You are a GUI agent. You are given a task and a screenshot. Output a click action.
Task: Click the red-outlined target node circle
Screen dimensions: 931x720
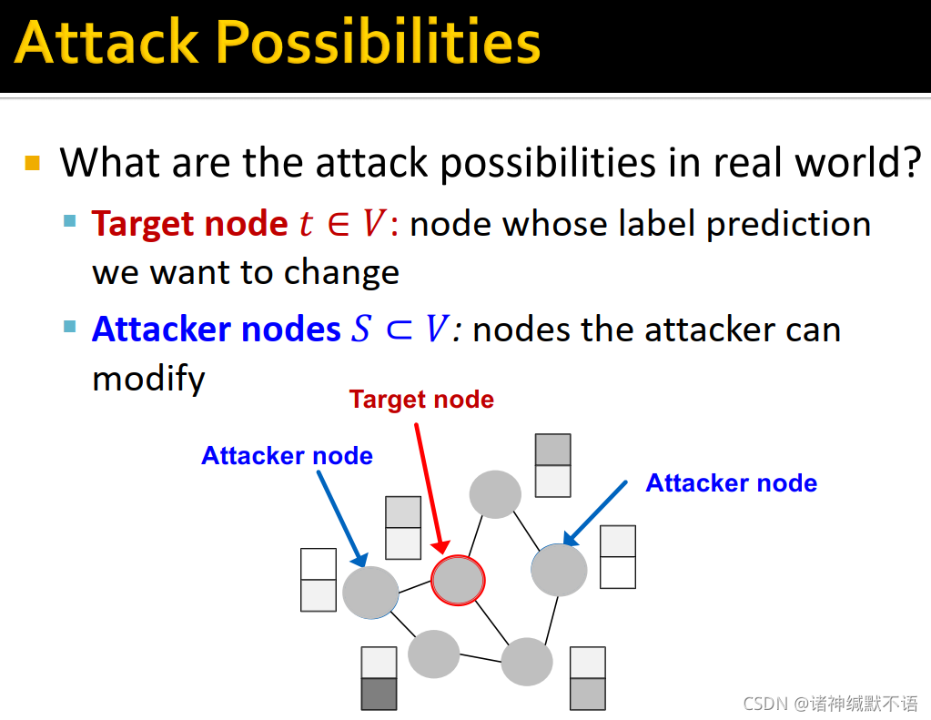click(458, 581)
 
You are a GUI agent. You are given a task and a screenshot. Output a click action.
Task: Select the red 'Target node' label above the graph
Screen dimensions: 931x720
click(421, 400)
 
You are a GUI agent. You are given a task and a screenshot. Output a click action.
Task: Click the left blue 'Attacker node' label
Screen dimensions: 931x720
click(287, 456)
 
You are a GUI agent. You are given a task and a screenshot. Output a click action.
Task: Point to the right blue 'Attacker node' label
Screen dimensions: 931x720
click(732, 483)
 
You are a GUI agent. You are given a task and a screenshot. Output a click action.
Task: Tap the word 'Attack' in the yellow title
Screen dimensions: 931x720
click(106, 42)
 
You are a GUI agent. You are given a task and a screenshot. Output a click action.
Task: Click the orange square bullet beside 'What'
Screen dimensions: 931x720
click(33, 163)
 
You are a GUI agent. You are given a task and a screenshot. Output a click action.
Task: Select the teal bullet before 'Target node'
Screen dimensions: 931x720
click(69, 221)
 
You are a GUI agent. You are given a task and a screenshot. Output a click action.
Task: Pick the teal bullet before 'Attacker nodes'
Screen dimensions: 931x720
click(69, 326)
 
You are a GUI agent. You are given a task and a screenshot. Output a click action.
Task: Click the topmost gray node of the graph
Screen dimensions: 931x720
click(495, 494)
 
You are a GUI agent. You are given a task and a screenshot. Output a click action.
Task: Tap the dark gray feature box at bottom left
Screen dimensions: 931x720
click(379, 694)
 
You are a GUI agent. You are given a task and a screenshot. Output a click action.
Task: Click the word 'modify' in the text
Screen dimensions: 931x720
click(148, 379)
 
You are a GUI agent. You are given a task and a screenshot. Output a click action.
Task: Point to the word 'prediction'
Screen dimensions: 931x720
click(788, 224)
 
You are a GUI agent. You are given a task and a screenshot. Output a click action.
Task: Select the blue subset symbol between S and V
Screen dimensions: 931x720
click(399, 330)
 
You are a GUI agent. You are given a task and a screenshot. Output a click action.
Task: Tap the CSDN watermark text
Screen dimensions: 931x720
click(831, 704)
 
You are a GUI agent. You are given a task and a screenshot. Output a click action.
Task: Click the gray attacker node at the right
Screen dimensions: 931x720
click(559, 570)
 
